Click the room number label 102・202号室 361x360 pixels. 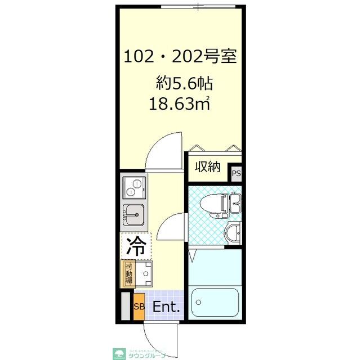(180, 57)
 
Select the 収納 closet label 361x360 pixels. (207, 166)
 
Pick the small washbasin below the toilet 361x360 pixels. (232, 232)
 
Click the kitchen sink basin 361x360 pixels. (134, 214)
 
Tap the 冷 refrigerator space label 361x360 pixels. (135, 246)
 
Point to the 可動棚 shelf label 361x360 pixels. (129, 274)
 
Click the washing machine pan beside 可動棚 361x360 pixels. (145, 274)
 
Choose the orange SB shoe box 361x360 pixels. (139, 307)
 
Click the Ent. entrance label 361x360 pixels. (167, 307)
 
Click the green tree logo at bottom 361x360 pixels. (120, 353)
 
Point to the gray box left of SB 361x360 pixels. (125, 307)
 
